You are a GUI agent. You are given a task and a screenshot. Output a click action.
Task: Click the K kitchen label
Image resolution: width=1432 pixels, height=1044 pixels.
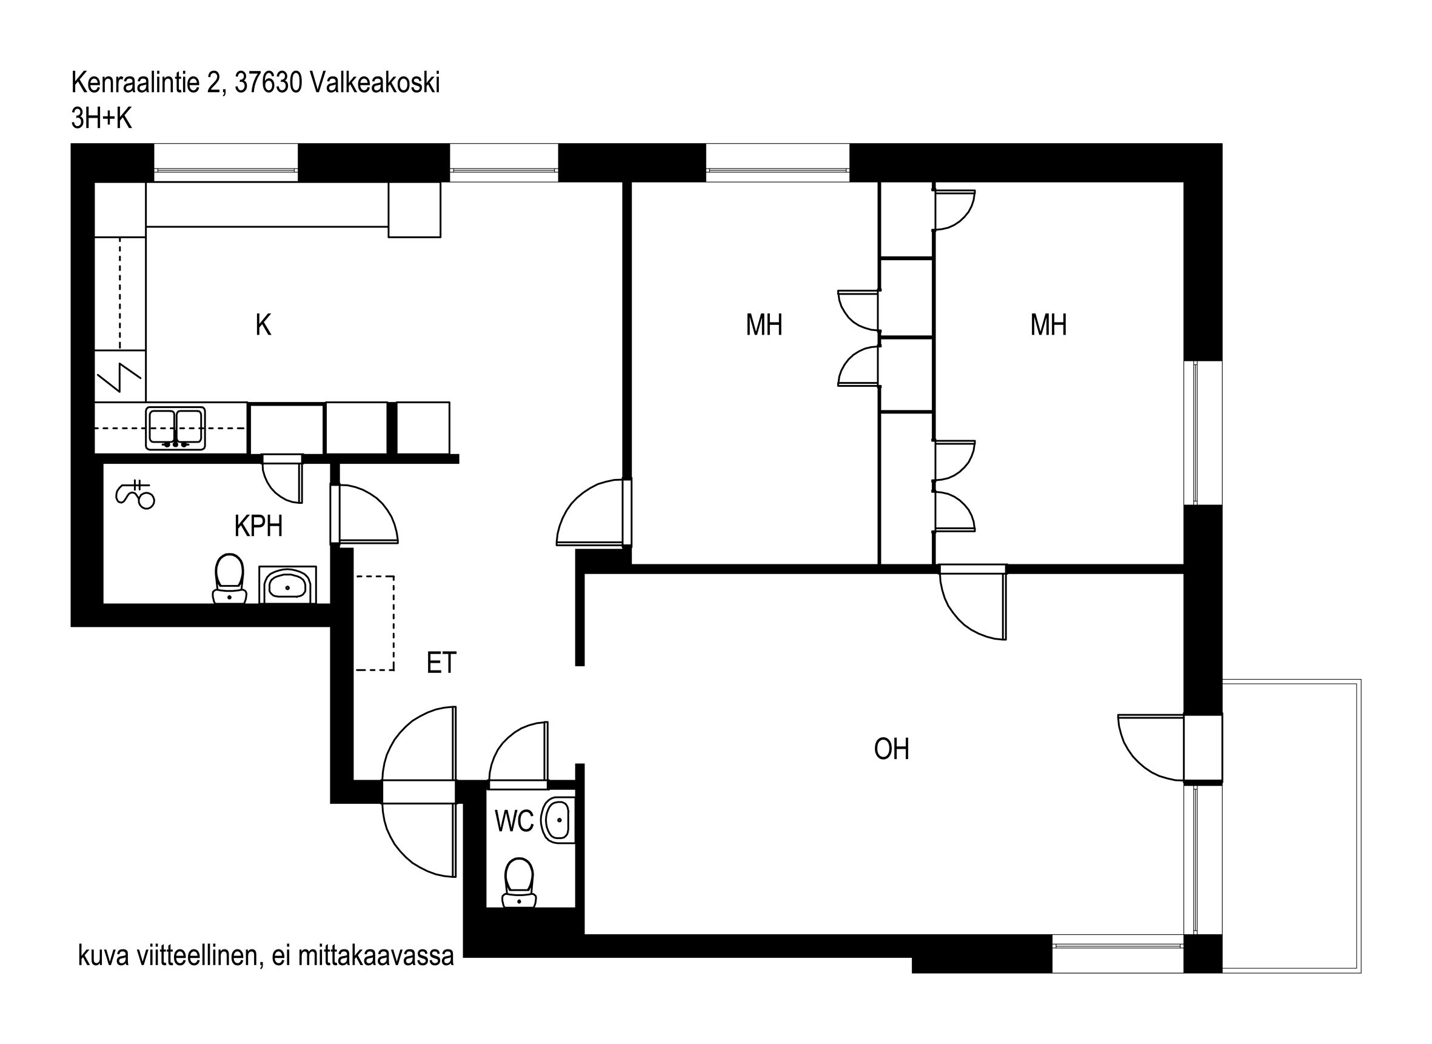pyautogui.click(x=264, y=325)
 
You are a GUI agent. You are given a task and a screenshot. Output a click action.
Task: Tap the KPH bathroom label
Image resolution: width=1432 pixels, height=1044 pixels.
pyautogui.click(x=258, y=526)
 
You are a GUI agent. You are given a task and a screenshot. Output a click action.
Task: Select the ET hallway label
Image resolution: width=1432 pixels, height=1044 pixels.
pyautogui.click(x=441, y=662)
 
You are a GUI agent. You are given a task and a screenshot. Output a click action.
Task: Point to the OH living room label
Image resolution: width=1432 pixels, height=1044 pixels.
pyautogui.click(x=891, y=749)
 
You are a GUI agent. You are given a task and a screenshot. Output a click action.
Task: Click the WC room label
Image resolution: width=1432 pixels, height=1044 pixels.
pyautogui.click(x=514, y=821)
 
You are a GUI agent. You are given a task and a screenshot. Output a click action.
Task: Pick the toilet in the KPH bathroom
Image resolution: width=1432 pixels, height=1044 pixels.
pyautogui.click(x=229, y=579)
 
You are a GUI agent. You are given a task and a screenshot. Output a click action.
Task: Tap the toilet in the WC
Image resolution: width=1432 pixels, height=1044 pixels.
pyautogui.click(x=519, y=883)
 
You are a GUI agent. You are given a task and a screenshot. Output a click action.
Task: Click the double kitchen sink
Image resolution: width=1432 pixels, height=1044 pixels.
pyautogui.click(x=175, y=428)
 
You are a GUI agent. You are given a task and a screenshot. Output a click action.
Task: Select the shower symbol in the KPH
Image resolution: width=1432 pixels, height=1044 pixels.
pyautogui.click(x=135, y=495)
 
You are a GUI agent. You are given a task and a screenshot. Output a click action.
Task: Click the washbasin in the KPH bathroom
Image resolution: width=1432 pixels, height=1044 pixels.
pyautogui.click(x=287, y=585)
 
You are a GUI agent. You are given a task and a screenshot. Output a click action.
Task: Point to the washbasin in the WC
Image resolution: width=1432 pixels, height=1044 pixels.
pyautogui.click(x=558, y=821)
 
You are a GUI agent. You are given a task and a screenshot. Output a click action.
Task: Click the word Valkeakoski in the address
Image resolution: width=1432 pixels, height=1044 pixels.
pyautogui.click(x=375, y=83)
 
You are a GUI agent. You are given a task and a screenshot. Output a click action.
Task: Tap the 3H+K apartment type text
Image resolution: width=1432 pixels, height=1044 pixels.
pyautogui.click(x=102, y=118)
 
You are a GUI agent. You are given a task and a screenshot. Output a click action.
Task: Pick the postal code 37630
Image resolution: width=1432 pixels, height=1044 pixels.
pyautogui.click(x=268, y=83)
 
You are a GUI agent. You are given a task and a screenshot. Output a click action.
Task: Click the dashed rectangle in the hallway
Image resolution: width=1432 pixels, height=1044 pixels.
pyautogui.click(x=375, y=623)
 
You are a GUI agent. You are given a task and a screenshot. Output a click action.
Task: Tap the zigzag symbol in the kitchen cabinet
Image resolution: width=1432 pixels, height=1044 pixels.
pyautogui.click(x=119, y=378)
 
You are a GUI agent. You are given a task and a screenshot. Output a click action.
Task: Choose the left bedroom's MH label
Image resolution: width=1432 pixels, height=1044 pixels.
pyautogui.click(x=763, y=325)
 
